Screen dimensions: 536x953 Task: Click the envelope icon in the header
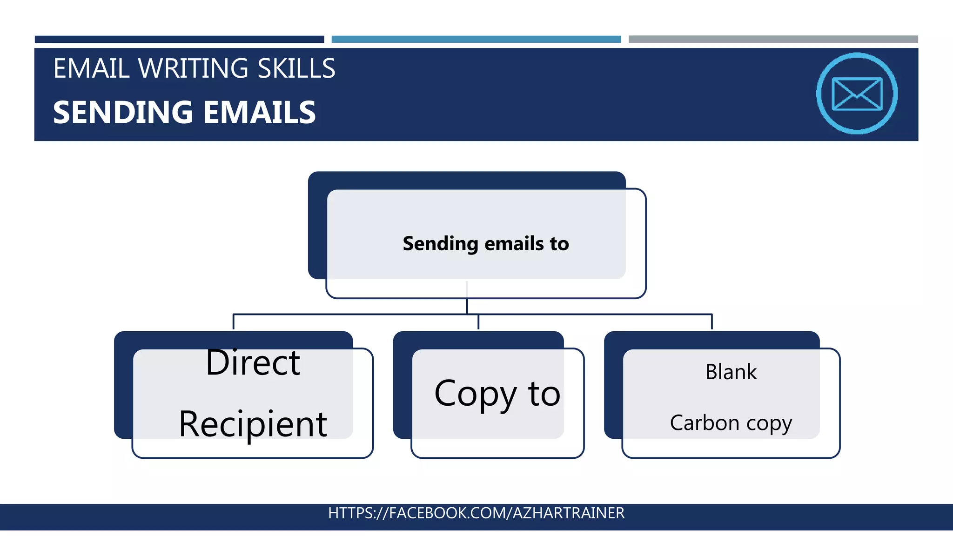point(857,94)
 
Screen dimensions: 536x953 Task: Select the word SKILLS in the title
point(296,68)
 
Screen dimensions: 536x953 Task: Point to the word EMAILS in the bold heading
point(259,113)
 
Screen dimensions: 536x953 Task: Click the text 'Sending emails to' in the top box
point(485,244)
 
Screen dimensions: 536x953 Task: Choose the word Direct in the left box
point(253,362)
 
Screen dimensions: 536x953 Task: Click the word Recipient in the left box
point(253,424)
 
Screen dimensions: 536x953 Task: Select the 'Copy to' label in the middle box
point(497,394)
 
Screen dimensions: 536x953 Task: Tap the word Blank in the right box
point(731,372)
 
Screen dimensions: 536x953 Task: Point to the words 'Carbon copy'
point(731,423)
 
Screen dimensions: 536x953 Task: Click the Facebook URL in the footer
point(476,513)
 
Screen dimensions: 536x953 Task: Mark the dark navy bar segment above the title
point(179,40)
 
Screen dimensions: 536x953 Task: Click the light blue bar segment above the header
point(476,40)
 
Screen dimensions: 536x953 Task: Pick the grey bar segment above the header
point(773,40)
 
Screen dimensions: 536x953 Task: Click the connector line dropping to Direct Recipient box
point(233,322)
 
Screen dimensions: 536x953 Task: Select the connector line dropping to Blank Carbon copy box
point(711,322)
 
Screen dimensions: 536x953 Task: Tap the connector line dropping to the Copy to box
point(478,322)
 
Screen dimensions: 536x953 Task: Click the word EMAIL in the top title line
point(91,68)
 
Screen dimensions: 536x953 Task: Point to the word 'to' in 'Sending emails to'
point(559,244)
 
